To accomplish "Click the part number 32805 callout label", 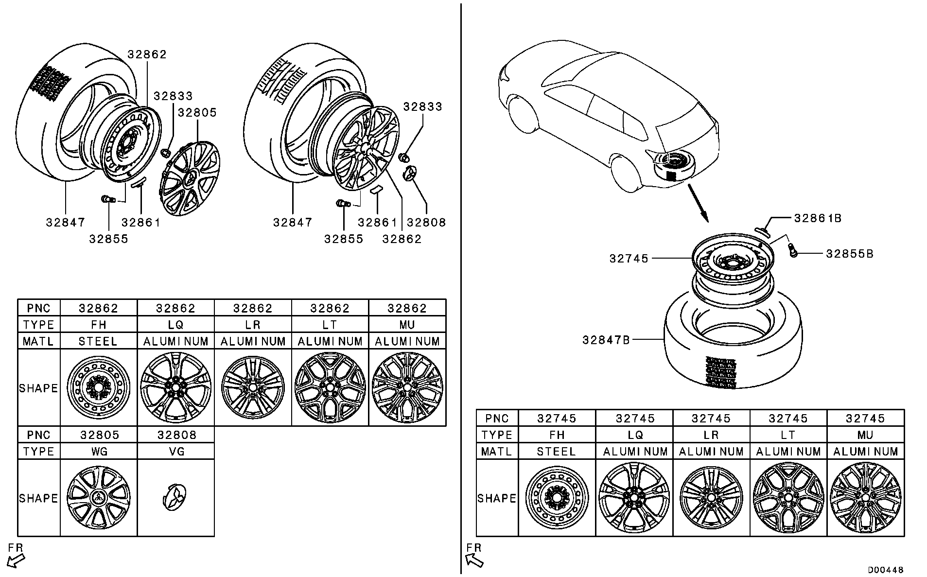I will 197,113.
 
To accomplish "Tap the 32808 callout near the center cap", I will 426,223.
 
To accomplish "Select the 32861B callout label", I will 818,218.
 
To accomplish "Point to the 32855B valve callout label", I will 849,254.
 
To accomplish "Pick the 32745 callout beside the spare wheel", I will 629,259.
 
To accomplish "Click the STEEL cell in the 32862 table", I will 99,341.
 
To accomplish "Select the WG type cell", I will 99,451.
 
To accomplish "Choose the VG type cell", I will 176,451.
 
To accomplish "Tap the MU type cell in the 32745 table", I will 865,435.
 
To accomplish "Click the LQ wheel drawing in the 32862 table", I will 176,387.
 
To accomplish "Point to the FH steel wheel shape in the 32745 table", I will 557,498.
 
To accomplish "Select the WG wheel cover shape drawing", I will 99,498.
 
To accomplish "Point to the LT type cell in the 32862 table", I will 330,325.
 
